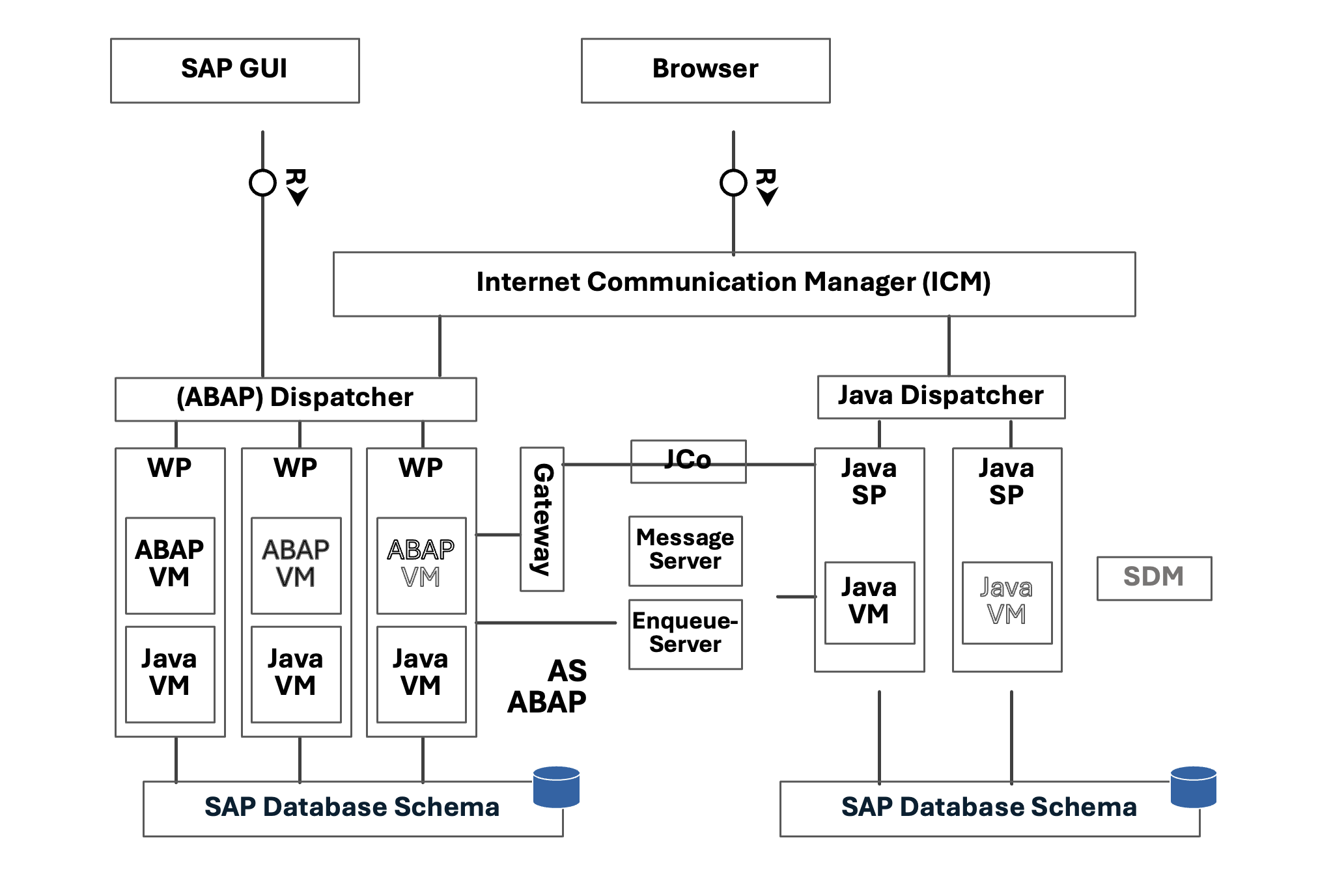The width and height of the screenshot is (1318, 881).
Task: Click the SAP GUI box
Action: pos(234,70)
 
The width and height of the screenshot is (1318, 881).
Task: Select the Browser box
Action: pos(705,70)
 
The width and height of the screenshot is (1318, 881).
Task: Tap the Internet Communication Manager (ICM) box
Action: pos(734,284)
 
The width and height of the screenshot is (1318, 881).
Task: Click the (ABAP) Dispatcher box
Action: pos(296,399)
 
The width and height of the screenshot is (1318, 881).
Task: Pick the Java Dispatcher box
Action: pos(941,397)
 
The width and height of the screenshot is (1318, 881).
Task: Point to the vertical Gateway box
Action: pos(542,519)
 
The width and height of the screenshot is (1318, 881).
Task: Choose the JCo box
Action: pos(688,461)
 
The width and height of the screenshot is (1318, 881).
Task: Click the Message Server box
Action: pos(685,550)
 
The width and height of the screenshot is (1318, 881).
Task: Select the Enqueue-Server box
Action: pos(685,634)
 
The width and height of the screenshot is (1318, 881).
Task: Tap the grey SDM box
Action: pos(1154,578)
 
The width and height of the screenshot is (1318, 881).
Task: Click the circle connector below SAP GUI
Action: pos(262,183)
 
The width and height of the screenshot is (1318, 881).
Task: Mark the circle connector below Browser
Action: pos(733,183)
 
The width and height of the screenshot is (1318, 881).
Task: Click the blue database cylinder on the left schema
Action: pos(556,787)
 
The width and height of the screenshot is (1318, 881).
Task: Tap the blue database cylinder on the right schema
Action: pos(1193,787)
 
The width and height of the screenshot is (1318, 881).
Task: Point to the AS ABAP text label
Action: pos(548,686)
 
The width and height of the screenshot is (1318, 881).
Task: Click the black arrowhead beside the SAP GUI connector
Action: pos(298,197)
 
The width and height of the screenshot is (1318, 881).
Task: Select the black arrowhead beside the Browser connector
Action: pos(768,197)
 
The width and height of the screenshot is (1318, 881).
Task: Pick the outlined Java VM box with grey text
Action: pos(1007,603)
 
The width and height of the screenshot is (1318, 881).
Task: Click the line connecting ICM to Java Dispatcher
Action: pos(949,346)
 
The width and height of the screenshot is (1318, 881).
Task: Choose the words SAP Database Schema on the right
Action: pos(988,807)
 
